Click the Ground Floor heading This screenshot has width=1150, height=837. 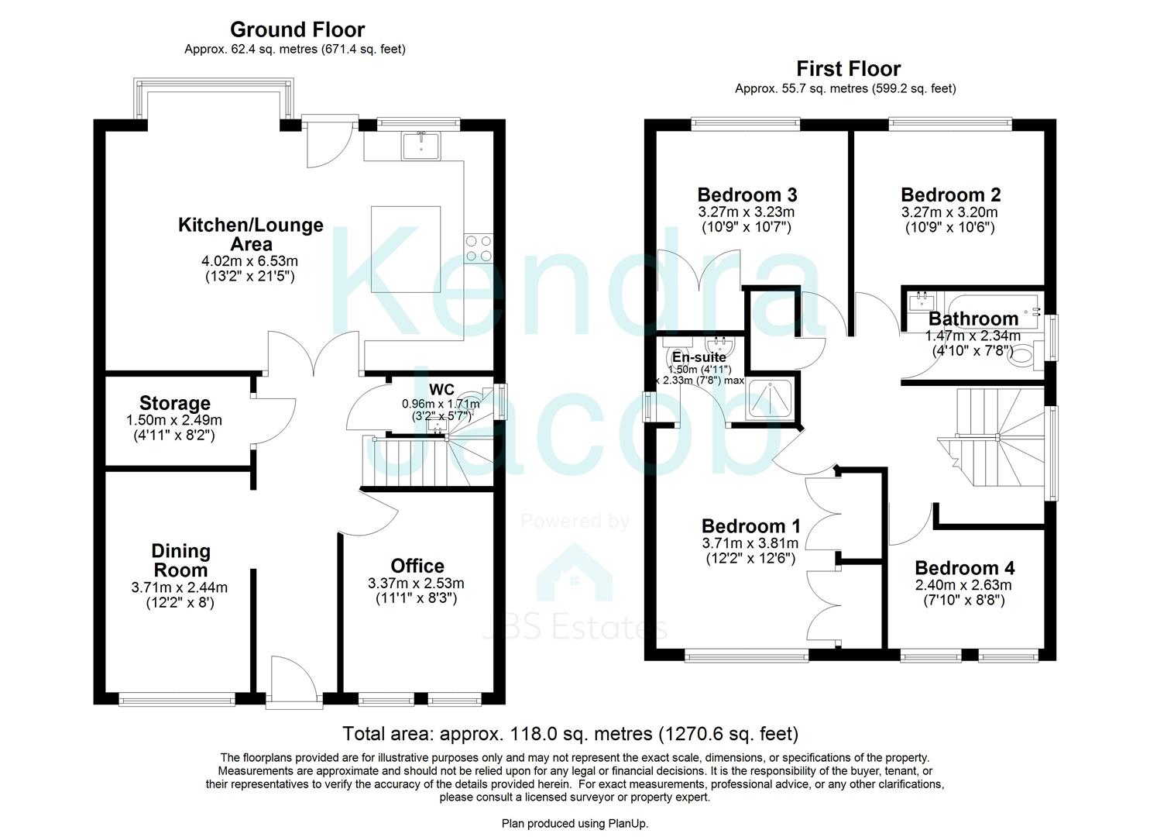[x=297, y=29]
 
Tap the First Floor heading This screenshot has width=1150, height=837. [x=848, y=68]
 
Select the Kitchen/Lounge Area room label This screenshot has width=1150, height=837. [x=251, y=234]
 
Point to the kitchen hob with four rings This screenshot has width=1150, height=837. [x=478, y=248]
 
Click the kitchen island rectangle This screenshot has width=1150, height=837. [x=406, y=250]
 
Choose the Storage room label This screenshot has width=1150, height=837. [x=175, y=403]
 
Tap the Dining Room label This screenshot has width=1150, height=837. [x=180, y=560]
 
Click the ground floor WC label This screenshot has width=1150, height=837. [x=441, y=389]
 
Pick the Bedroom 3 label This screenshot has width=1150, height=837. [x=747, y=195]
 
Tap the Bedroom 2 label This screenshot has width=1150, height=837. [x=950, y=195]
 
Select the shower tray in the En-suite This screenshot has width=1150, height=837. [x=768, y=400]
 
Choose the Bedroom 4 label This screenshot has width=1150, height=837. [x=964, y=568]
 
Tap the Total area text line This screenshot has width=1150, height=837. [x=570, y=733]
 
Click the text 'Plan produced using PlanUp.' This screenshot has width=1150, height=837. [x=575, y=823]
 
